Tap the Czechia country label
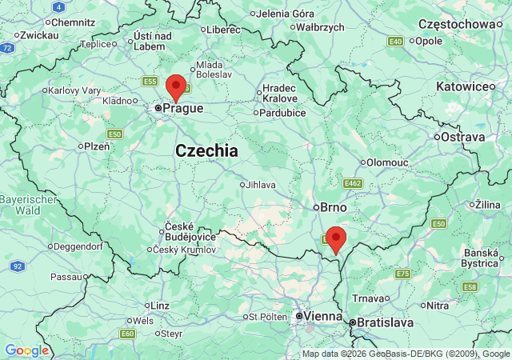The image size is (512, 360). (x=206, y=150)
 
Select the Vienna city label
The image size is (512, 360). (x=322, y=317)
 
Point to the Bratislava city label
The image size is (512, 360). (x=385, y=322)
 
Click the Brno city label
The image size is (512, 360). (x=333, y=207)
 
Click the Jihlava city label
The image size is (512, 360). (x=261, y=185)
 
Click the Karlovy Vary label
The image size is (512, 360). (x=74, y=90)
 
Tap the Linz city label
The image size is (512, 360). (x=160, y=306)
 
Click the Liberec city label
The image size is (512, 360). (x=223, y=30)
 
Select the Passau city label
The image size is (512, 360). (x=66, y=277)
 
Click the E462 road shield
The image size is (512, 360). (x=353, y=184)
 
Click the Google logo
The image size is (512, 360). (x=26, y=350)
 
